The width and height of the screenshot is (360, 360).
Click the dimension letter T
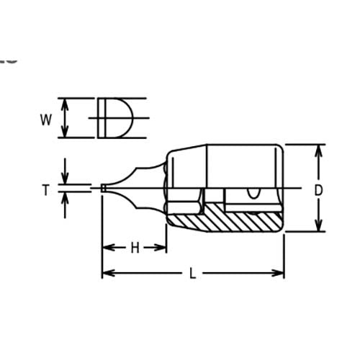coord(45,190)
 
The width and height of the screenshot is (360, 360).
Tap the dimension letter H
coord(134,248)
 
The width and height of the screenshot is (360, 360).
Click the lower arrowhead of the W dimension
coord(66,132)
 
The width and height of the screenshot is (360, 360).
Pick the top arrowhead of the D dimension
coord(318,149)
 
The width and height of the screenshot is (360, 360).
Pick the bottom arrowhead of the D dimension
coord(318,227)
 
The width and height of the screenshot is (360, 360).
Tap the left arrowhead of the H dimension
coord(107,248)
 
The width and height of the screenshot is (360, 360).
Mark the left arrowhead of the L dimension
coord(107,273)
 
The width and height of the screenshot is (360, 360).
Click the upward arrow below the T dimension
coord(66,199)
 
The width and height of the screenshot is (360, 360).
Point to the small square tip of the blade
coord(104,189)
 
